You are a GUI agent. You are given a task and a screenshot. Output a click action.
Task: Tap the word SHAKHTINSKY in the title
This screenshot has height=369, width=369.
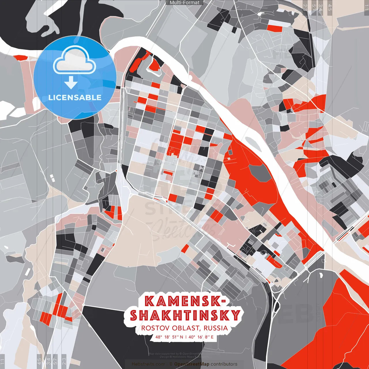(185, 315)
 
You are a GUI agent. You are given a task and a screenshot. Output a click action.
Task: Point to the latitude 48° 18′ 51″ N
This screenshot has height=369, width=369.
(169, 337)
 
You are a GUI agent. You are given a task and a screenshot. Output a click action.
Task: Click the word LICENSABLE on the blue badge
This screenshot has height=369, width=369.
(75, 97)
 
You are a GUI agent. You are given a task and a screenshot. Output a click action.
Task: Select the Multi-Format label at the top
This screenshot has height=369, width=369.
(184, 3)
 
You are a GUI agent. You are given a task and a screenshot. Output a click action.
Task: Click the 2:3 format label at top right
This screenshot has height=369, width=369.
(305, 7)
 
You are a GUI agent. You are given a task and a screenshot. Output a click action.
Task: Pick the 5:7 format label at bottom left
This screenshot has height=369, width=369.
(55, 362)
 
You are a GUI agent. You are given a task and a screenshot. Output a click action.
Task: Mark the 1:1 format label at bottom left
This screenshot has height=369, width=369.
(2, 362)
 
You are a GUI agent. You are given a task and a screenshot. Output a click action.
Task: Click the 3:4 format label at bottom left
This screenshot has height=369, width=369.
(48, 362)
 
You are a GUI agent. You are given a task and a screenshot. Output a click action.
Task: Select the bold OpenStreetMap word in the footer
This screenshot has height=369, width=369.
(192, 364)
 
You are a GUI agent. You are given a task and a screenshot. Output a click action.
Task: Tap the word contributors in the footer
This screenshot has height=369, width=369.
(224, 364)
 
